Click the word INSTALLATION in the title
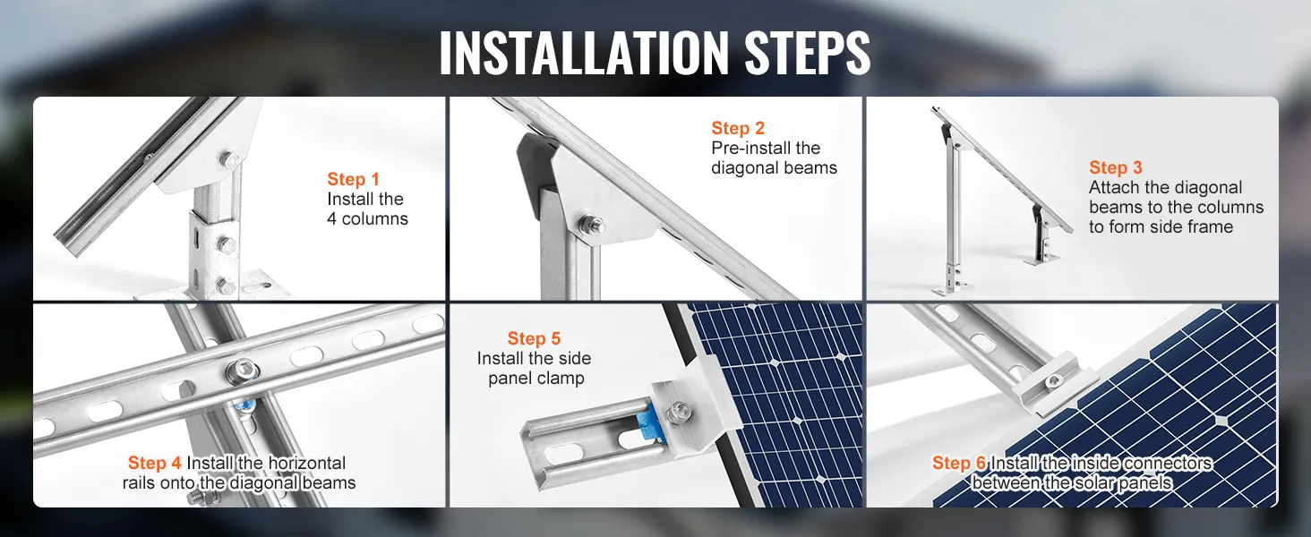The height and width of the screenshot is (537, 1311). point(584,53)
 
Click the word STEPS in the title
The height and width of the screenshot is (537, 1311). point(808,53)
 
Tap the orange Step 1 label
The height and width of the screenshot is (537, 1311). point(353,179)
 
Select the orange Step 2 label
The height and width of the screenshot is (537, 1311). point(738,128)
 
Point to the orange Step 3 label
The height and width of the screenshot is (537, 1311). point(1116,167)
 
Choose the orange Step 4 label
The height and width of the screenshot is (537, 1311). point(155,463)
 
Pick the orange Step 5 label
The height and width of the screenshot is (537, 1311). point(534,338)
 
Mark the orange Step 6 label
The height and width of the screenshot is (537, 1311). point(959,463)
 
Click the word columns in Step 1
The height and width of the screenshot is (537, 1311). point(374,218)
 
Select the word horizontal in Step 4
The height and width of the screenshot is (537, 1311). point(306,463)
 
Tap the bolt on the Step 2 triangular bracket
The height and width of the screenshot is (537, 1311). point(592,224)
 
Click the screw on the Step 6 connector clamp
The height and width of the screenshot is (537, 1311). point(1052,380)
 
